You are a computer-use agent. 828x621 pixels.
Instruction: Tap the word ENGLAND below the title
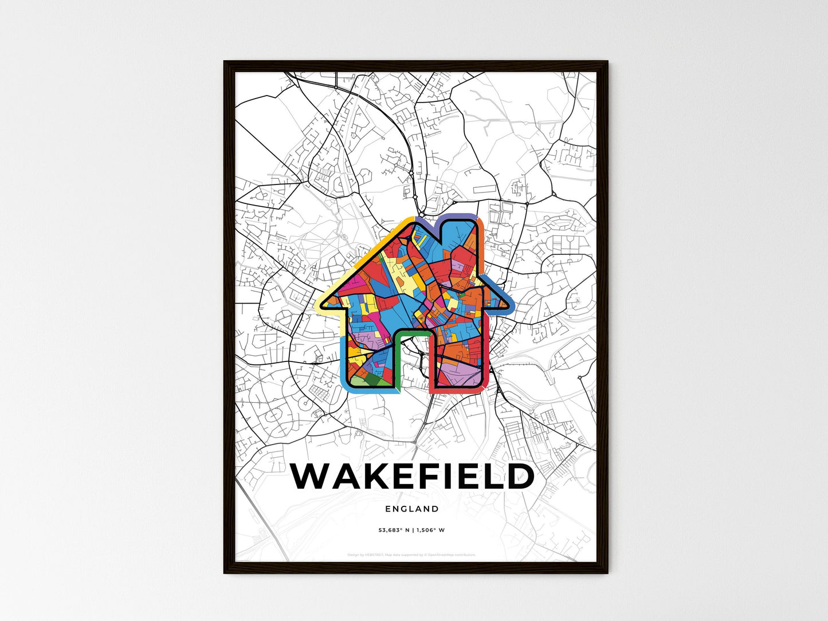412,509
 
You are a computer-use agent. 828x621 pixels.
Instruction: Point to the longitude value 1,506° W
430,530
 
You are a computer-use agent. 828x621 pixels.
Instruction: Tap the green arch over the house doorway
411,333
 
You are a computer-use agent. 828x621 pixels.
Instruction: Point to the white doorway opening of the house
411,367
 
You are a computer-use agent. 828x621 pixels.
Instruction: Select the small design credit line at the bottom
411,555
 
